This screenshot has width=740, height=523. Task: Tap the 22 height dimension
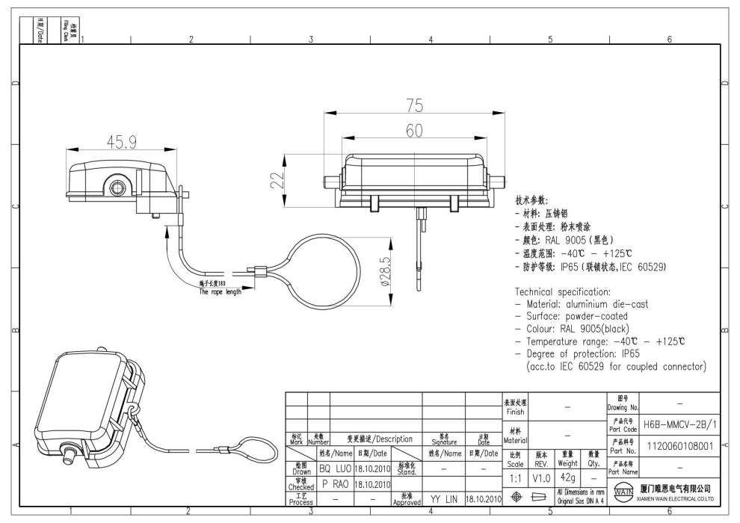click(277, 180)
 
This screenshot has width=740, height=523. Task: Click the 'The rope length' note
click(220, 292)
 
